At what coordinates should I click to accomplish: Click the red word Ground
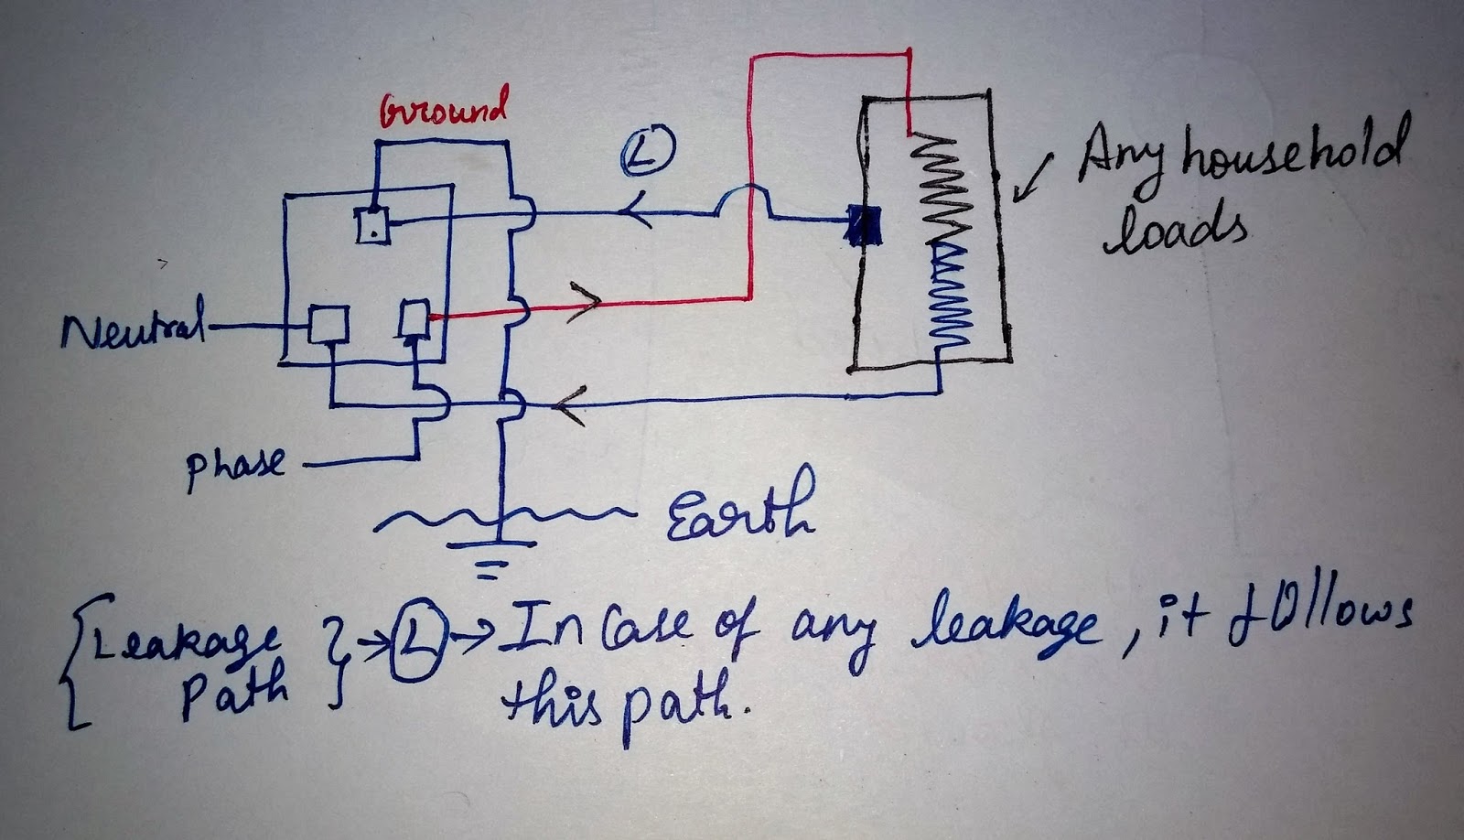point(444,112)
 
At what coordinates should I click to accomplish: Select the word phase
point(234,467)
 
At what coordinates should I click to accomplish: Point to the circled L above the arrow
point(650,152)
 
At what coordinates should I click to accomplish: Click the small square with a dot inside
point(373,225)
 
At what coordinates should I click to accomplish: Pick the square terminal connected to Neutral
point(327,324)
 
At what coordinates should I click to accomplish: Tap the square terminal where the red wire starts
point(414,318)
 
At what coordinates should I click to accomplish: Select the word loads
point(1178,230)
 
